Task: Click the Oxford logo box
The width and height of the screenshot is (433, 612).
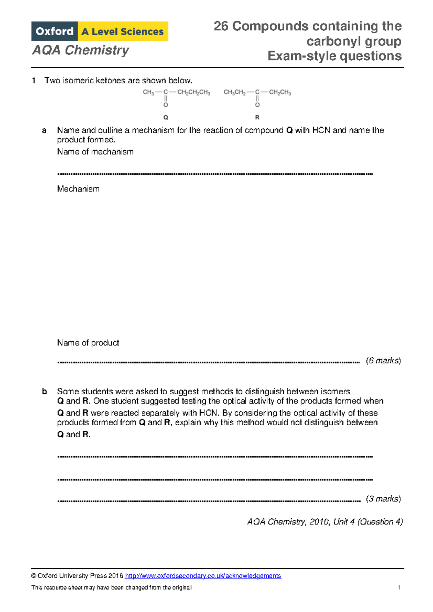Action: (54, 31)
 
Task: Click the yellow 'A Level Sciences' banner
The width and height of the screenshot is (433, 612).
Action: (123, 31)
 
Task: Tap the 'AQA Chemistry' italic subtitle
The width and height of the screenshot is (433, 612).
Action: (80, 50)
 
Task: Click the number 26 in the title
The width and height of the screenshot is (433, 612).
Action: (221, 26)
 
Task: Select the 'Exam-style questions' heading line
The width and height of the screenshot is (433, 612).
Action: (334, 56)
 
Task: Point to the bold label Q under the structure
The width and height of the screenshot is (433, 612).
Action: (166, 117)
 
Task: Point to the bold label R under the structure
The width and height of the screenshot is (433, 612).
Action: (257, 117)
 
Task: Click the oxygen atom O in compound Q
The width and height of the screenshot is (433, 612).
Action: (166, 105)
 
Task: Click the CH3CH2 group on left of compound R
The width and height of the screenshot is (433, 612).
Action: (235, 92)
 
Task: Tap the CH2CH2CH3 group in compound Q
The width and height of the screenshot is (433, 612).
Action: (194, 92)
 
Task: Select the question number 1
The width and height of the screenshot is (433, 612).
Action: (34, 80)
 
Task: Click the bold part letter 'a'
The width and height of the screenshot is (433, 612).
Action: (44, 130)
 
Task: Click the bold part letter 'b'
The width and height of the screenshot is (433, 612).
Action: (44, 391)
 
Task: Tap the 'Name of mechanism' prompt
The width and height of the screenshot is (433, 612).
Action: (95, 152)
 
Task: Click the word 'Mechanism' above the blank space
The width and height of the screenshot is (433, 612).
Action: (78, 189)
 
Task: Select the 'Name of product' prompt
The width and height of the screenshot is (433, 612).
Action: (88, 343)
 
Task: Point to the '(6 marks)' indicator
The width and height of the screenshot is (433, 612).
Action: (383, 361)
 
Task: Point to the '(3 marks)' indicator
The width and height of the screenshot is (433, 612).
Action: (383, 499)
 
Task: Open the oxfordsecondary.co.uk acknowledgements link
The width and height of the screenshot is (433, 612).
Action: (203, 576)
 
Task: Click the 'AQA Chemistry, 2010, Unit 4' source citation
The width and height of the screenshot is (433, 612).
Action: (325, 522)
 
